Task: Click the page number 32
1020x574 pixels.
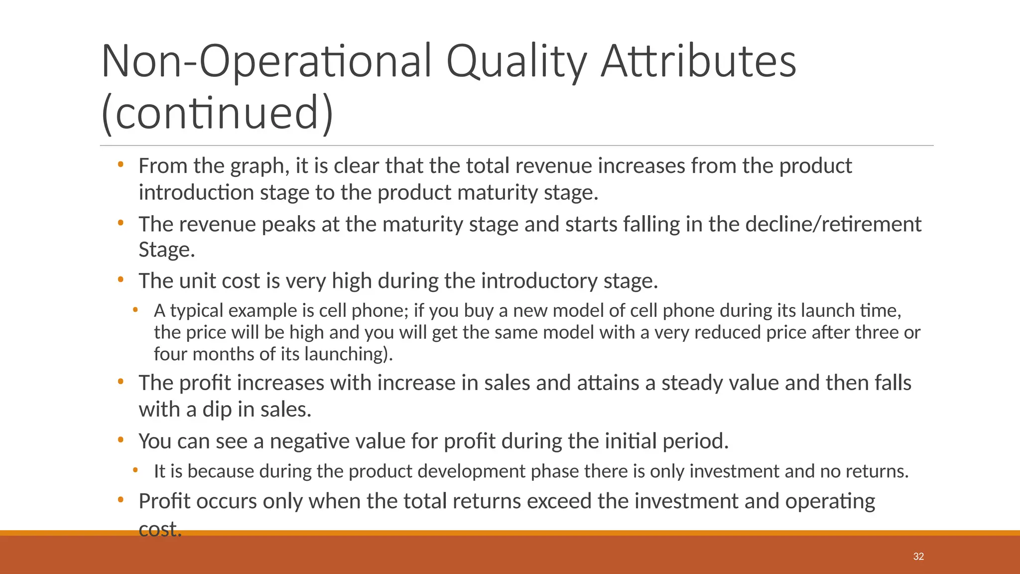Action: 918,557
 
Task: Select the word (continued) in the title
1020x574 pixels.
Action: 217,113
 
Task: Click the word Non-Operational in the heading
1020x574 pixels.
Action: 266,61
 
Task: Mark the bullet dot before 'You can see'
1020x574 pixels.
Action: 120,440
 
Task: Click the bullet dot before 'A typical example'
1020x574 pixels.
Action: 135,310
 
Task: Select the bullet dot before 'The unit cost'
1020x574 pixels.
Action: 120,280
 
